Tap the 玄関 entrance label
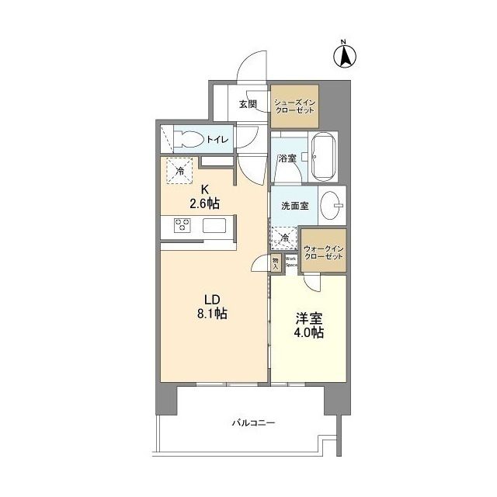point(248,104)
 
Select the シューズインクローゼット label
point(295,106)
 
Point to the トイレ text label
point(217,140)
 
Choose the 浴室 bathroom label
point(287,158)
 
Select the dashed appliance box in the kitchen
point(179,171)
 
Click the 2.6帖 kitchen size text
point(205,204)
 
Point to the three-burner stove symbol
point(183,226)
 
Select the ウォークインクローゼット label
point(324,251)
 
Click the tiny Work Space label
point(291,261)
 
